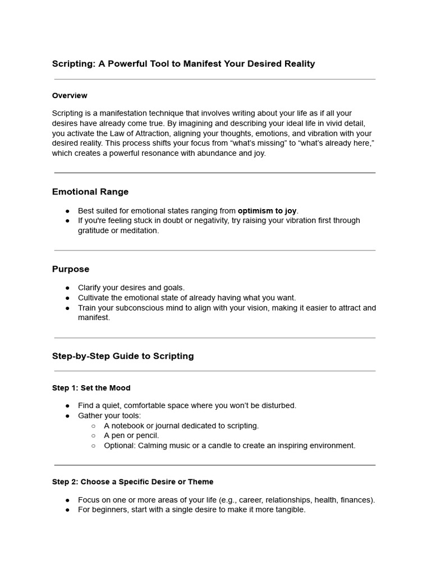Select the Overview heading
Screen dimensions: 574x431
coord(70,95)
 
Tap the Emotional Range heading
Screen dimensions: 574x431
coord(90,192)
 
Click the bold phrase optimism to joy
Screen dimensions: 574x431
coord(267,211)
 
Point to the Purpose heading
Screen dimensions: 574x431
coord(71,269)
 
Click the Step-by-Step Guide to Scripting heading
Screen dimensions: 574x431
coord(123,356)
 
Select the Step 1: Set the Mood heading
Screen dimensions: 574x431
coord(91,388)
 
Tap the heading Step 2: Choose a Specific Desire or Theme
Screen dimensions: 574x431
coord(132,482)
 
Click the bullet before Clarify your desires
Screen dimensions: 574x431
coord(67,288)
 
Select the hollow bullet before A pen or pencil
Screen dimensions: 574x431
coord(93,436)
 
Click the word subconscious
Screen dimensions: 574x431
coord(130,308)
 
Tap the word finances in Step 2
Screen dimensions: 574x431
coord(356,500)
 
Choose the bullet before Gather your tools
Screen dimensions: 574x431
coord(67,416)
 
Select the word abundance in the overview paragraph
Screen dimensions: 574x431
coord(215,153)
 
